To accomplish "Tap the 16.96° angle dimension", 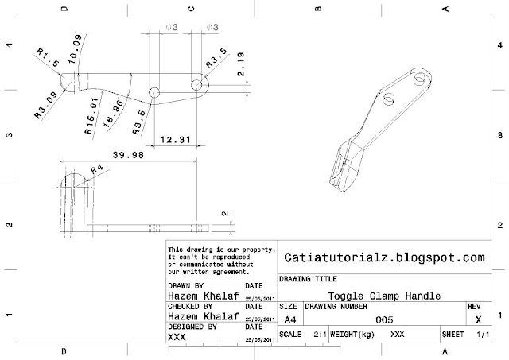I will (116, 110).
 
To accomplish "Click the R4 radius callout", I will (96, 169).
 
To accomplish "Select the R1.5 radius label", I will (47, 57).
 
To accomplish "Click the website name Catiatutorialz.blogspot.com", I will (383, 257).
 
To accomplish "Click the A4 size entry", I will (289, 317).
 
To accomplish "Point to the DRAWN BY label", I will (185, 284).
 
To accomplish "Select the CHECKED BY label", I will (190, 305).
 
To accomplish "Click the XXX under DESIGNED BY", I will (178, 337).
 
